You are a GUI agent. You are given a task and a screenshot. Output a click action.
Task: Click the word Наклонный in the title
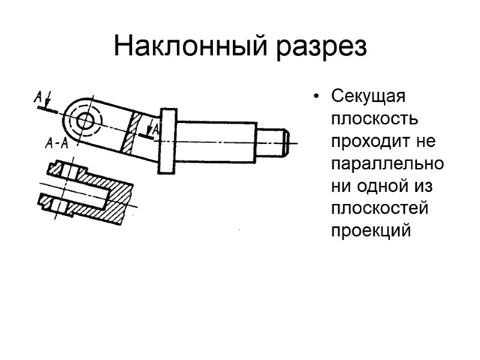190,47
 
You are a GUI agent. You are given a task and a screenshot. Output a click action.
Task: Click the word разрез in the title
321,47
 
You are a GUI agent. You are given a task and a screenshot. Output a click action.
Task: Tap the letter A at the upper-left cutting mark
38,96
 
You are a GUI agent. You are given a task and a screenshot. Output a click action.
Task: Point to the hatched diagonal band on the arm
133,133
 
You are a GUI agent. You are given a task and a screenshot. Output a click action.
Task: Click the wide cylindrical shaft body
216,141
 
